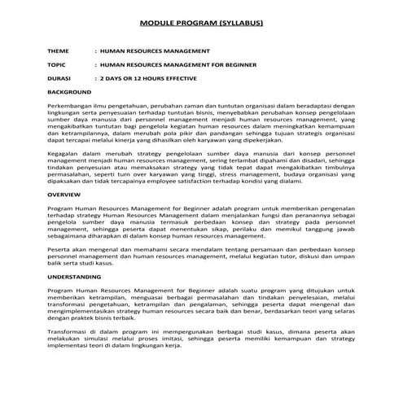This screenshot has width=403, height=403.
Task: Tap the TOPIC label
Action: point(58,64)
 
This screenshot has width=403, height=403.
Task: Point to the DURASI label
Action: point(60,78)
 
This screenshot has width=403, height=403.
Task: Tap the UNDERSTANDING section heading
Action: point(77,277)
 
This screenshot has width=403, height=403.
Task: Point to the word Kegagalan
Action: point(67,152)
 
